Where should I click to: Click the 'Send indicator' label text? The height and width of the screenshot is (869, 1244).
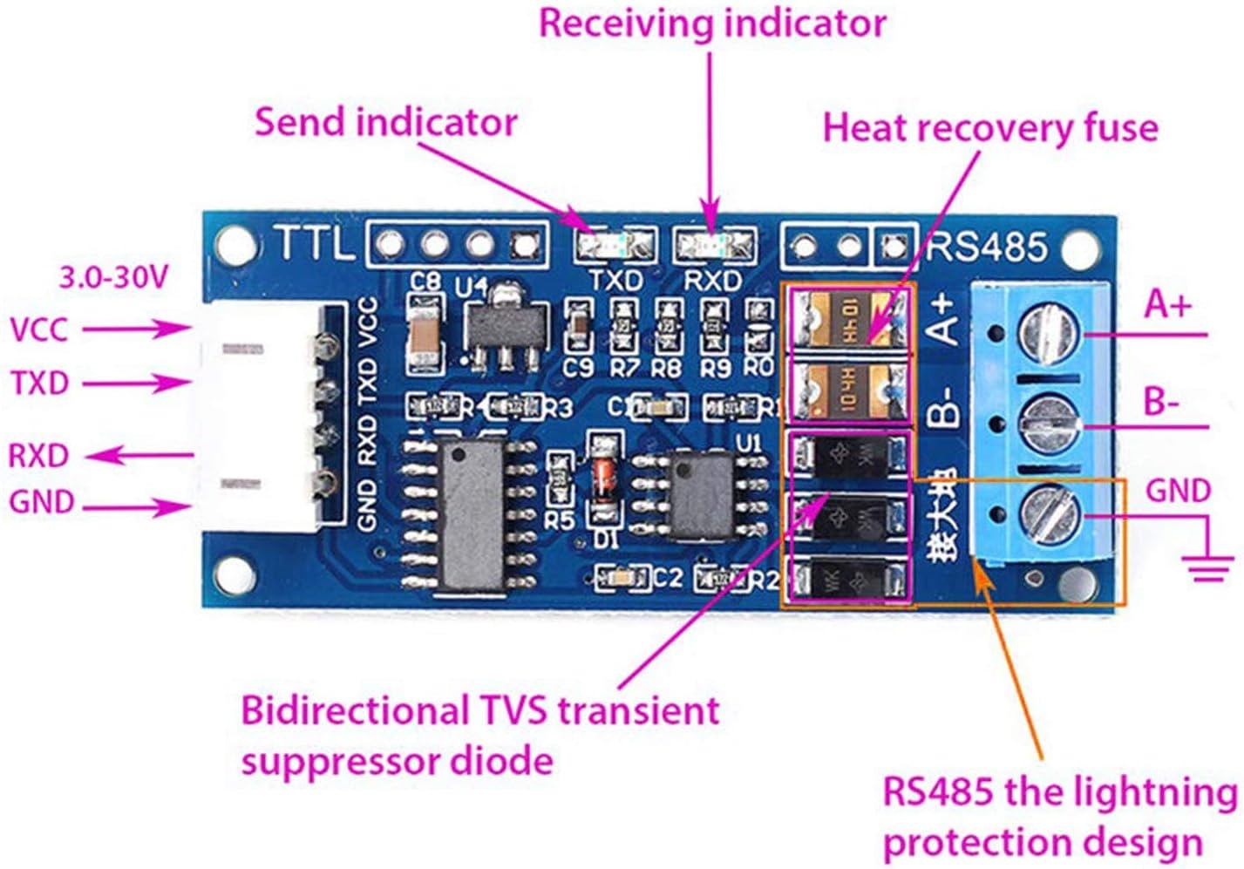click(386, 123)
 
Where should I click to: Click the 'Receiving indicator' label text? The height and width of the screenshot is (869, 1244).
click(712, 24)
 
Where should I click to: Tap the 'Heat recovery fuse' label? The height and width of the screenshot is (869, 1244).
click(990, 128)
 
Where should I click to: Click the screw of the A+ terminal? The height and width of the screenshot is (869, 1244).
click(1048, 332)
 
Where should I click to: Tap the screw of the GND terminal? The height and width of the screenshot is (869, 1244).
click(1048, 514)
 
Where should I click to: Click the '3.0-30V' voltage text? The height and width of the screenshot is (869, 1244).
click(112, 278)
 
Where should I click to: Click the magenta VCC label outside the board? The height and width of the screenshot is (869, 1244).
click(39, 329)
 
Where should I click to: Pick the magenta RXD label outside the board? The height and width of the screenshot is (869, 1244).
click(39, 455)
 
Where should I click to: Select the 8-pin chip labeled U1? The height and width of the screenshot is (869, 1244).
click(702, 492)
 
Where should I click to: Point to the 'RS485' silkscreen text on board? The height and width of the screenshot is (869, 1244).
click(987, 247)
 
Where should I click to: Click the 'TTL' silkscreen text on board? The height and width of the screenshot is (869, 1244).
click(315, 245)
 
